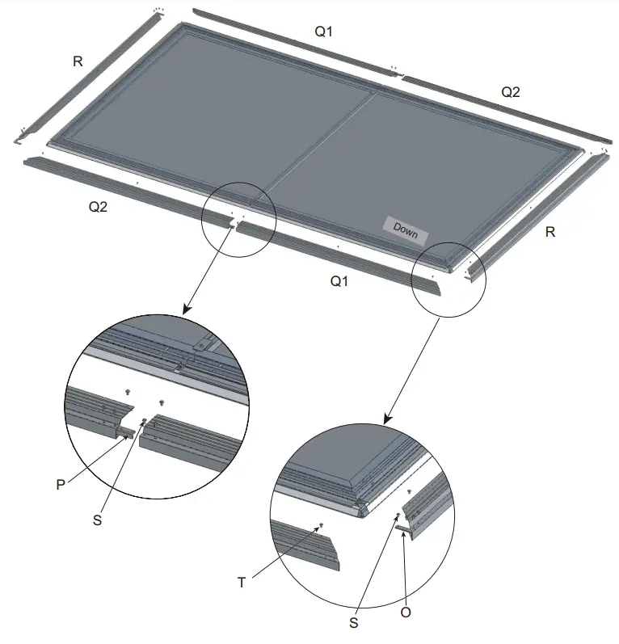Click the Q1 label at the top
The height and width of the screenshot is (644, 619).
pyautogui.click(x=323, y=32)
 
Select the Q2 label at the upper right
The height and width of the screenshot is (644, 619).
pyautogui.click(x=511, y=92)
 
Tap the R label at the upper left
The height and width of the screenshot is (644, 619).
pyautogui.click(x=78, y=61)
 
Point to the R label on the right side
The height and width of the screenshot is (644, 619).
pyautogui.click(x=550, y=233)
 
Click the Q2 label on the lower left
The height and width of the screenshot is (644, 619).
pyautogui.click(x=98, y=206)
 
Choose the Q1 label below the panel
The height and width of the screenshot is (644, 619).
pyautogui.click(x=340, y=281)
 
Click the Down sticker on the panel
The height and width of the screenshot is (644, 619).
pyautogui.click(x=406, y=229)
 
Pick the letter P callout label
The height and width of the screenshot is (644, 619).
pyautogui.click(x=60, y=484)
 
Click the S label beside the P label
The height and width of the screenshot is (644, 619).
pyautogui.click(x=98, y=520)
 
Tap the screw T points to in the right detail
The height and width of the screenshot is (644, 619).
pyautogui.click(x=322, y=525)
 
